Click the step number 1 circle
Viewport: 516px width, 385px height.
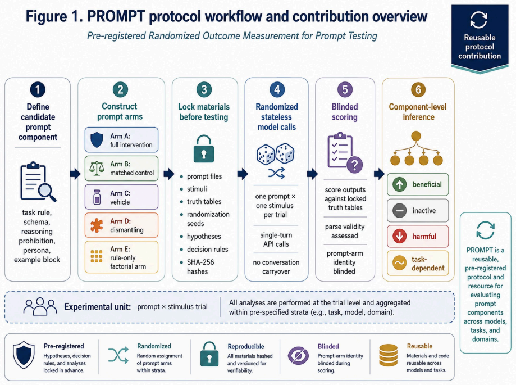click(x=38, y=89)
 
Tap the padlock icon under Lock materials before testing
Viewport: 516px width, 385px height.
click(x=204, y=148)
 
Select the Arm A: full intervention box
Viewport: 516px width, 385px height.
click(x=121, y=139)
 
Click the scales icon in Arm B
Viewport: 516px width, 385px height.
click(x=97, y=168)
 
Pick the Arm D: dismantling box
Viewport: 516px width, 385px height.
click(x=121, y=225)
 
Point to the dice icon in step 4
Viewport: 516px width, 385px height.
click(x=276, y=153)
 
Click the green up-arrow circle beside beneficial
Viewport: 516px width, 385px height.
click(x=400, y=184)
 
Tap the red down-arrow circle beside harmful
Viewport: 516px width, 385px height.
click(x=400, y=237)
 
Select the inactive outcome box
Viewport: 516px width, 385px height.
click(x=418, y=210)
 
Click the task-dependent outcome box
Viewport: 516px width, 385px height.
click(x=418, y=263)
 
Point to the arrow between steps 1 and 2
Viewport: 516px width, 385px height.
click(x=75, y=174)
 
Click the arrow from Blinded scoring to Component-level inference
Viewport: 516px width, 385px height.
click(x=379, y=174)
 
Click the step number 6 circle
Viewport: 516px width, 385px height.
click(x=418, y=89)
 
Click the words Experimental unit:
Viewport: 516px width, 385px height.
click(x=97, y=307)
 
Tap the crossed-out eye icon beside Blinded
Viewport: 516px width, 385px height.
click(x=299, y=356)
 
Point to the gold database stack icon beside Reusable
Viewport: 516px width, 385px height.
click(x=389, y=355)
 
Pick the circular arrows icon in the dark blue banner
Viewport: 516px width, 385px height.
click(x=479, y=20)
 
